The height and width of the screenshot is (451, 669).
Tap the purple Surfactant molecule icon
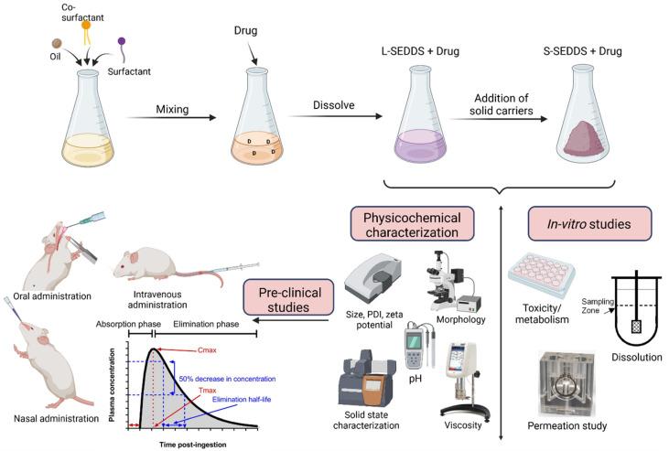pos(122,41)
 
